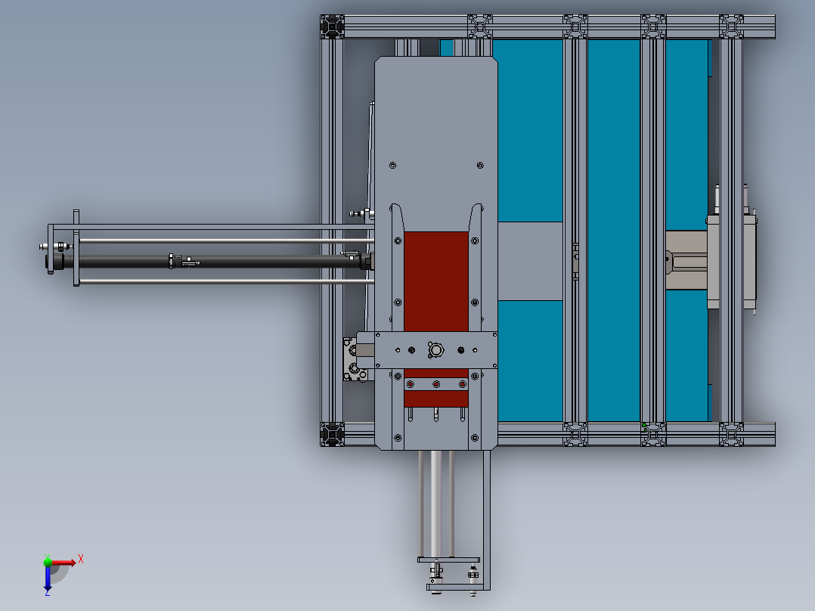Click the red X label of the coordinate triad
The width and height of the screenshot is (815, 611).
(81, 560)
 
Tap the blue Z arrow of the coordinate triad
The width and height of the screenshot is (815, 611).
(48, 578)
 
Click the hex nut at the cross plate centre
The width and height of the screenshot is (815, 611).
(435, 350)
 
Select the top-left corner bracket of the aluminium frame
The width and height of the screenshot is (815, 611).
(332, 26)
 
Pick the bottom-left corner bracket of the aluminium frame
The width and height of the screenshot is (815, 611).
(332, 434)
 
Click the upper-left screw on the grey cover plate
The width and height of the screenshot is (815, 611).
(392, 166)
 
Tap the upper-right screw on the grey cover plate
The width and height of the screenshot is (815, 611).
(480, 166)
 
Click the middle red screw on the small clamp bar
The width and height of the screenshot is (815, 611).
(436, 384)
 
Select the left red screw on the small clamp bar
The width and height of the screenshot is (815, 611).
(410, 384)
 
